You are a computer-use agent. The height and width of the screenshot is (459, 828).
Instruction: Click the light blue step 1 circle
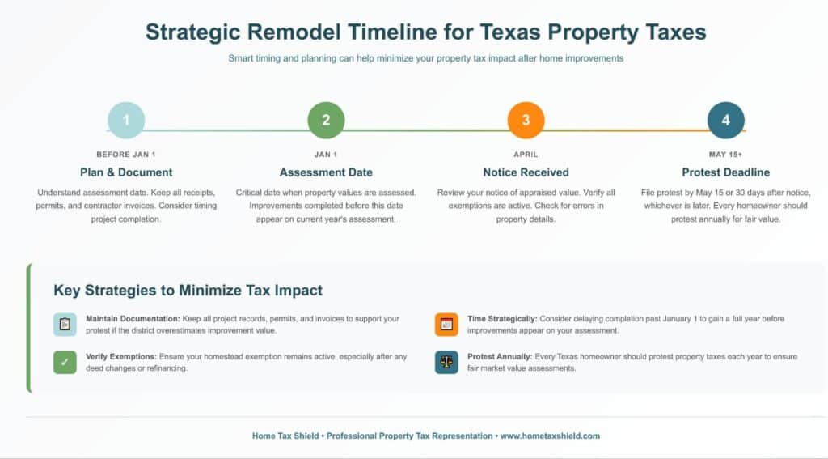click(126, 121)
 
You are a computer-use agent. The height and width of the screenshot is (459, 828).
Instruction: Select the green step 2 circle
click(326, 121)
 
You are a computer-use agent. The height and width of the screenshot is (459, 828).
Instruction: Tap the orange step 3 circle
click(526, 121)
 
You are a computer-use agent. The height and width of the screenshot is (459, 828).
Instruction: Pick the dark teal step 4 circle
click(725, 121)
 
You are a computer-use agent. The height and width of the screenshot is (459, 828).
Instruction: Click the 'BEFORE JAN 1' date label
click(126, 154)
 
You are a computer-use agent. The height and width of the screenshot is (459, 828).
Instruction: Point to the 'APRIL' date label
click(526, 154)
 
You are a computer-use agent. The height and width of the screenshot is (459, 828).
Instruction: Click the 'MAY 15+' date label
click(725, 154)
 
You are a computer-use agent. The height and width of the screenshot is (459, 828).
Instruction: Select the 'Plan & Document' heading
click(126, 172)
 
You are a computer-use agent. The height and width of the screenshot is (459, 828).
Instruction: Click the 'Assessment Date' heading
click(326, 172)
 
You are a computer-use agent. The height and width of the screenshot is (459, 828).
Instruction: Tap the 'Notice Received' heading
click(526, 172)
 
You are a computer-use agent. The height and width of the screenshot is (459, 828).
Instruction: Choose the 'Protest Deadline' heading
click(725, 172)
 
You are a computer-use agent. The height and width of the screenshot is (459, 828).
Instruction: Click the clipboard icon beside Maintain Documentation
click(65, 325)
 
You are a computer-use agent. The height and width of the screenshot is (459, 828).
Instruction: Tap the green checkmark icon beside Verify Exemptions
click(65, 362)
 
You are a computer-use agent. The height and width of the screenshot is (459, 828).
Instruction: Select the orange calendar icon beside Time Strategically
click(446, 325)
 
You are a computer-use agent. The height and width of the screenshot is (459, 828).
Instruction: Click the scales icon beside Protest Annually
click(446, 362)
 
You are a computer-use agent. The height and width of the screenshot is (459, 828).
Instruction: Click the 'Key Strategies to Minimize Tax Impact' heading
click(188, 290)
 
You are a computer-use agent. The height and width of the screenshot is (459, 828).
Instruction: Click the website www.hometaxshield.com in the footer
click(550, 436)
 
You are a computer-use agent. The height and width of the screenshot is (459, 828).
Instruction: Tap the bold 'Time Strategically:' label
click(502, 319)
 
